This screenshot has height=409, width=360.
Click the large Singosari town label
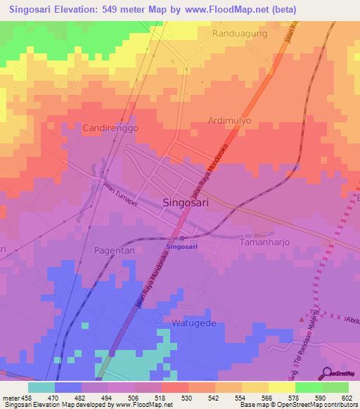(186, 202)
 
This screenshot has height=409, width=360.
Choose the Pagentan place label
(114, 249)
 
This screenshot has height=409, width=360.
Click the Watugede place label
(195, 323)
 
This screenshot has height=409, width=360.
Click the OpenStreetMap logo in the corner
(339, 373)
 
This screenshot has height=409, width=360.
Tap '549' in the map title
(126, 10)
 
